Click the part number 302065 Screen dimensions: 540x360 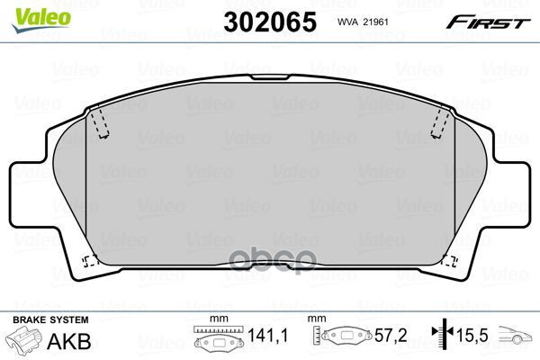[x=270, y=22]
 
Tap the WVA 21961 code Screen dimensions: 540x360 [x=363, y=22]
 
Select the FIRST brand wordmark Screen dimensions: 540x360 [x=488, y=22]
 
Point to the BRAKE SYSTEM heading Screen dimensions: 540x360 [x=50, y=320]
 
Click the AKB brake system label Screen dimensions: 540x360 [x=69, y=341]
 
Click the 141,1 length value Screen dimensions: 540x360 [x=268, y=335]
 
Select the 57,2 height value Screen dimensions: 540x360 [x=391, y=335]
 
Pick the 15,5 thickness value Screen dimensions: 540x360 [x=472, y=335]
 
